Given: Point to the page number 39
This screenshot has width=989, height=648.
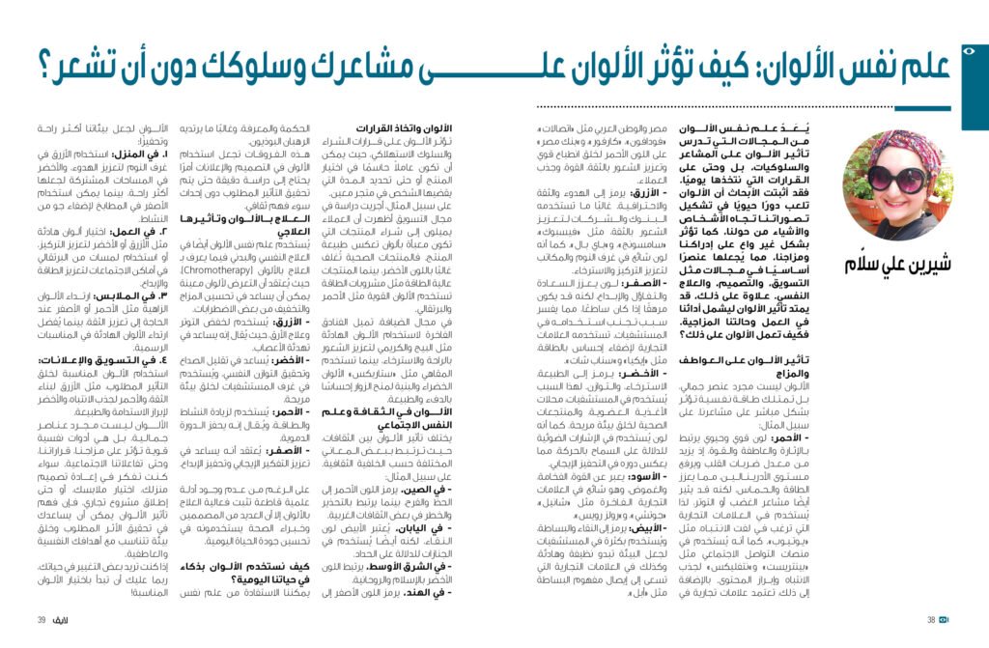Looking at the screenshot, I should pos(42,620).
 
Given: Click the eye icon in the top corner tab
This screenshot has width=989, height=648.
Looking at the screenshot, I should pos(971,47).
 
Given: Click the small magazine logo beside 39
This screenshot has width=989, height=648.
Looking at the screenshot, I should pos(68,620).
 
